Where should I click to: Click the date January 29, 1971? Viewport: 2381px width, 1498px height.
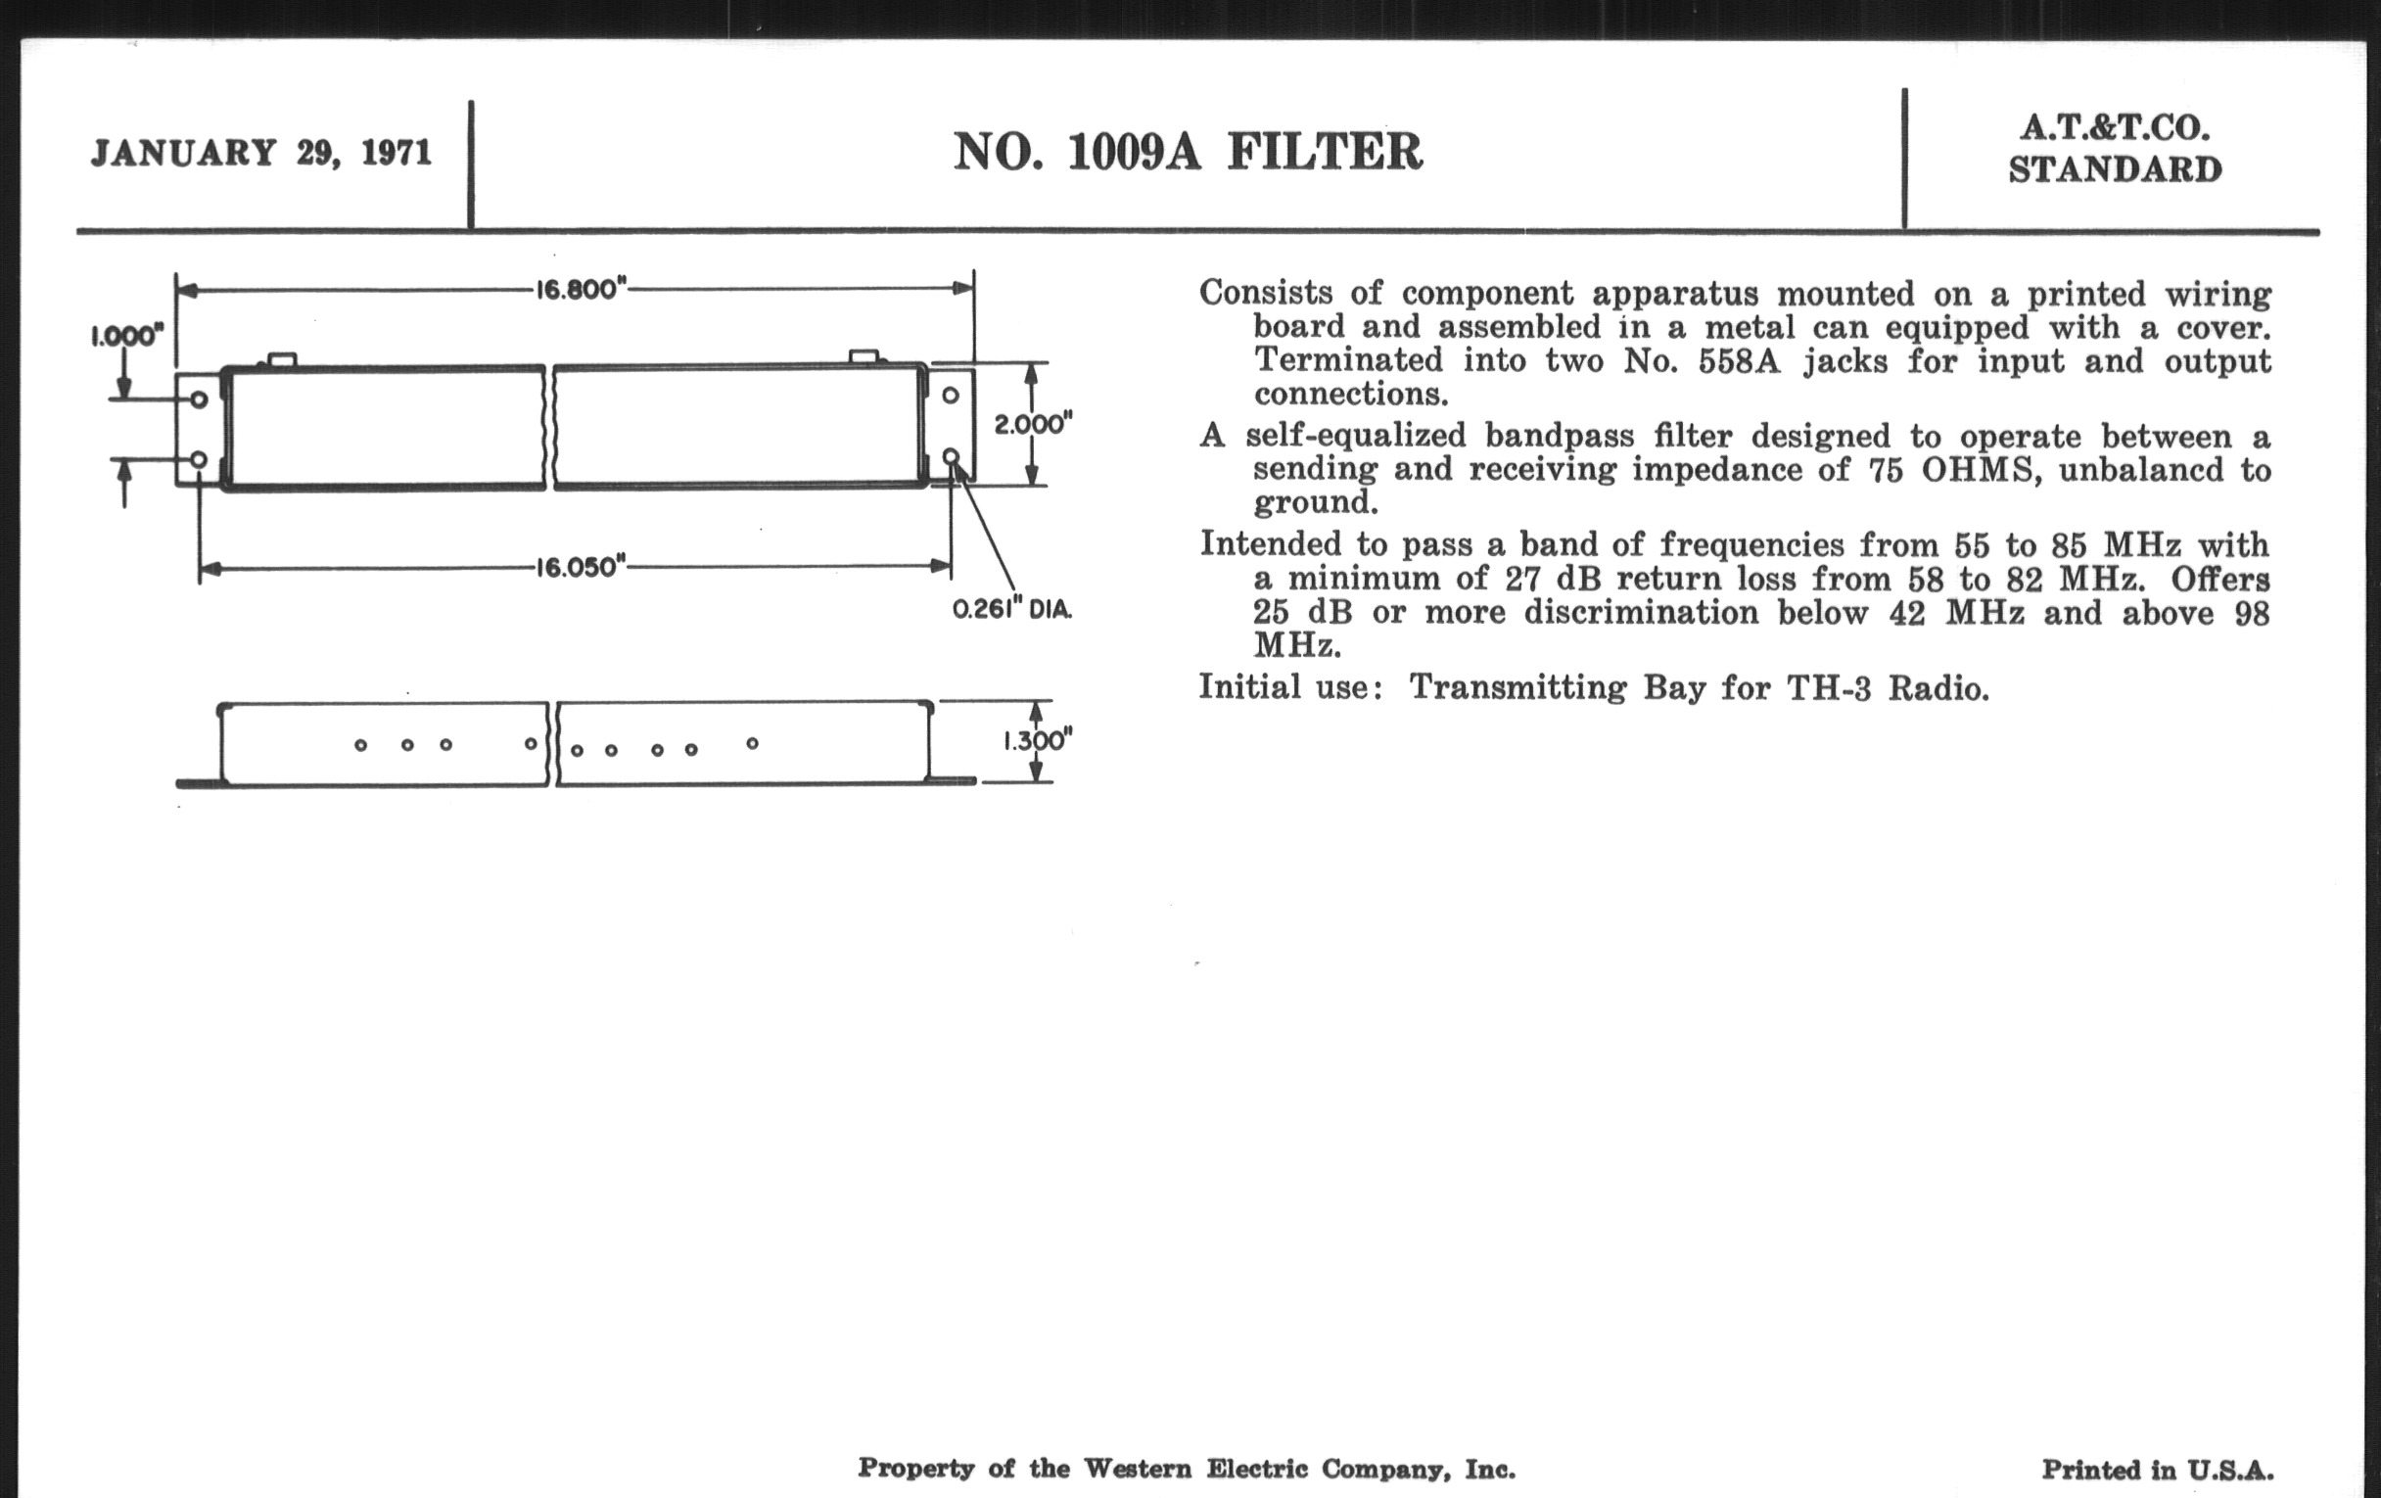(x=261, y=155)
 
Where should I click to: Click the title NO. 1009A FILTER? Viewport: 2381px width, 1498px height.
(x=1188, y=154)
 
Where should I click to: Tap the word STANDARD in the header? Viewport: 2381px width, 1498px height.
(x=2115, y=171)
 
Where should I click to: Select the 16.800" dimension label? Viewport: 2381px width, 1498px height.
(x=582, y=291)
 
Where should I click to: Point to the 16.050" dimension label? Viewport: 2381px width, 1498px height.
(x=582, y=569)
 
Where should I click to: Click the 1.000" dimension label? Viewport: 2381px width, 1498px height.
(x=126, y=336)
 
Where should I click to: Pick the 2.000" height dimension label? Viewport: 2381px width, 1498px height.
(x=1033, y=425)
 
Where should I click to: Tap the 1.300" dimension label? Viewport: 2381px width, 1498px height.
(x=1037, y=741)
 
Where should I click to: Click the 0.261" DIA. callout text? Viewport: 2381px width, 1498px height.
(x=1011, y=610)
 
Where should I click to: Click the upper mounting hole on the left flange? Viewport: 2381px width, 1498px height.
(x=199, y=399)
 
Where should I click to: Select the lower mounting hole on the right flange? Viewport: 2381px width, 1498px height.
(x=951, y=456)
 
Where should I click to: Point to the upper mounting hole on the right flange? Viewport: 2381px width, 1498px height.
(x=951, y=396)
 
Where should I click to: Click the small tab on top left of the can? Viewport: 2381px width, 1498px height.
(x=282, y=360)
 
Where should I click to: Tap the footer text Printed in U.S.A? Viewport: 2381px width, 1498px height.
(x=2158, y=1471)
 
